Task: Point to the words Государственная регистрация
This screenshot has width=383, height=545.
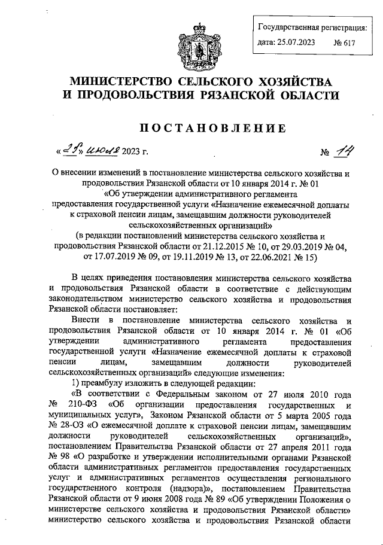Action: click(312, 28)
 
